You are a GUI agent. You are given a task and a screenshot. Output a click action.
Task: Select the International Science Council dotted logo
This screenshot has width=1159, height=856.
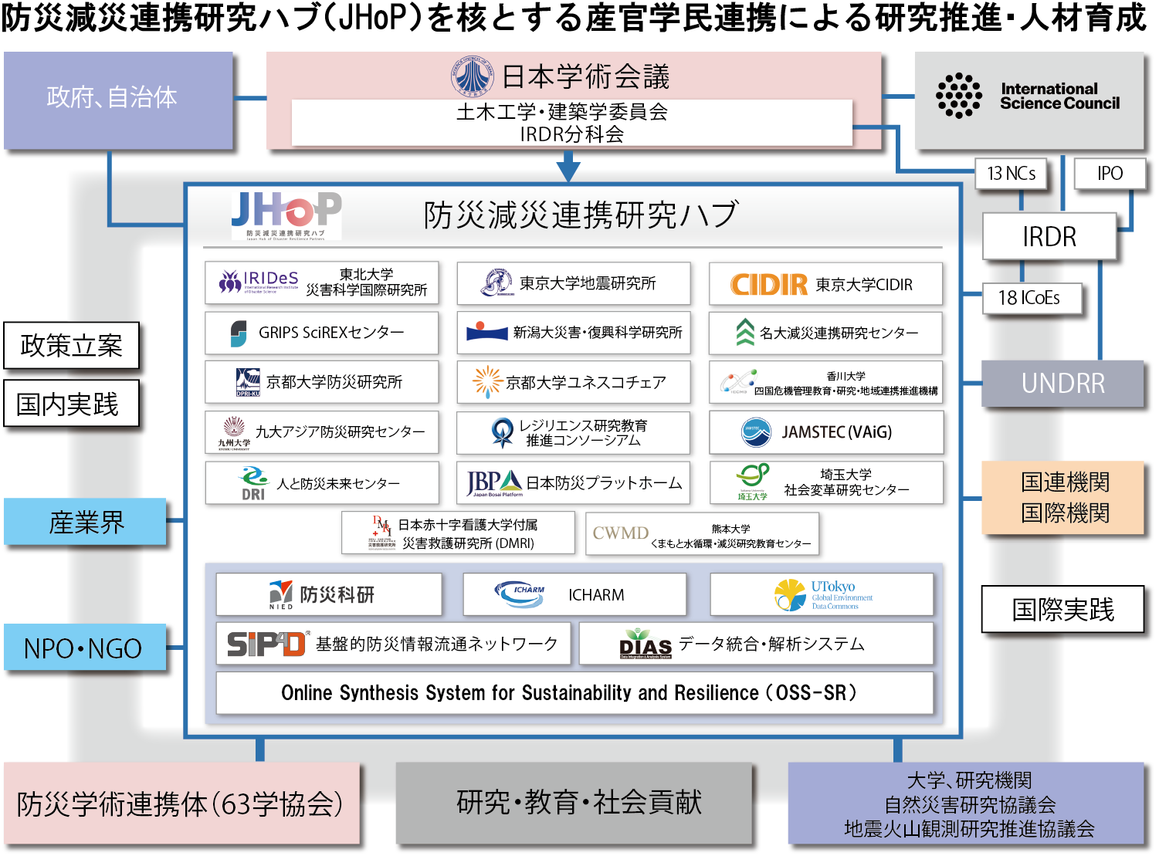pos(958,96)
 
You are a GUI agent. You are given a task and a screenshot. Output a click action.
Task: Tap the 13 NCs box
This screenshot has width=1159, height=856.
pos(1011,174)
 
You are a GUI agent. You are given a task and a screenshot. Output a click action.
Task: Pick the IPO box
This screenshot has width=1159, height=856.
pos(1110,174)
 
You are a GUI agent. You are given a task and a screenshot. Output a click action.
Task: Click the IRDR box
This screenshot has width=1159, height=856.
pos(1049,236)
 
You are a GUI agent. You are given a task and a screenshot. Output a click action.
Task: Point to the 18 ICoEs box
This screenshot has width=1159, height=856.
pos(1029,298)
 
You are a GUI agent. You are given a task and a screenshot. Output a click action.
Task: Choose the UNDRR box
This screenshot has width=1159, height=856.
pos(1062,383)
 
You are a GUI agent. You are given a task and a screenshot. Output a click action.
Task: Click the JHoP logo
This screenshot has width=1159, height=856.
pos(286,215)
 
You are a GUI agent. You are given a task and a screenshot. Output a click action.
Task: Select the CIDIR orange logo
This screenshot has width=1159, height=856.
pos(769,285)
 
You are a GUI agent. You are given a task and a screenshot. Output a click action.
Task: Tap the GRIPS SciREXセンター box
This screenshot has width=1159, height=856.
pos(322,333)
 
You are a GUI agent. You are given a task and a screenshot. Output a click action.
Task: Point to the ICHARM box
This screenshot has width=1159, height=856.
pos(574,594)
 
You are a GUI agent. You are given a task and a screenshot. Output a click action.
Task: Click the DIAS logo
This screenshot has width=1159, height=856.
pos(646,645)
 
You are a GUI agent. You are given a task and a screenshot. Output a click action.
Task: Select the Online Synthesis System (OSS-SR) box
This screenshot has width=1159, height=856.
pos(574,692)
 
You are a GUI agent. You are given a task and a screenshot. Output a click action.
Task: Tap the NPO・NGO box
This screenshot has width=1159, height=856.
pos(83,648)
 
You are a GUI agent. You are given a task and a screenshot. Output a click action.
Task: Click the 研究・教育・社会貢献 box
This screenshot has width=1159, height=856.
pos(574,804)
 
